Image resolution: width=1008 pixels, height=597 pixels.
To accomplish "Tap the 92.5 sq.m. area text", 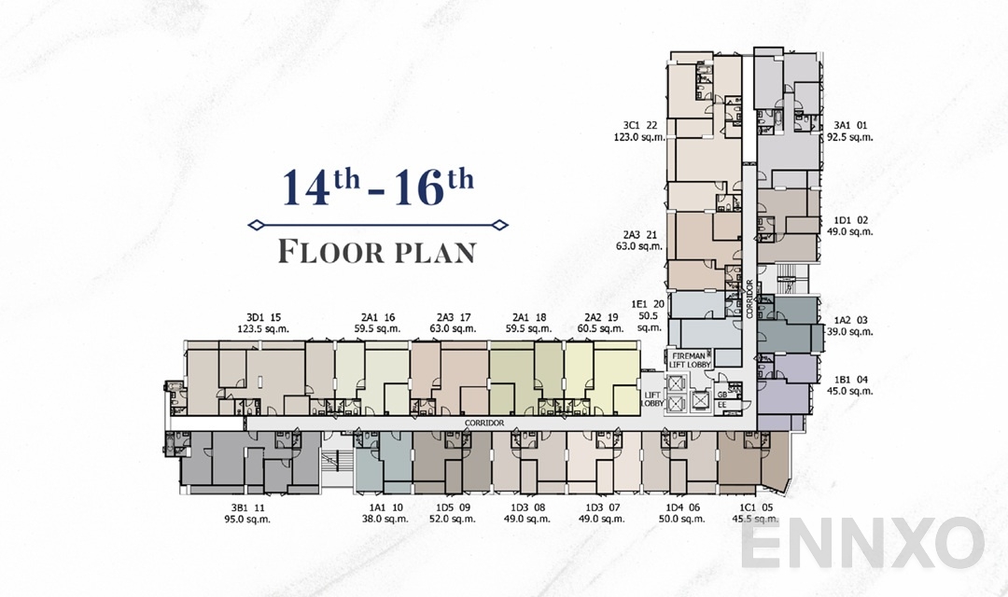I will click(x=849, y=137).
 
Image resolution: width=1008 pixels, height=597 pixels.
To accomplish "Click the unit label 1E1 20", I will click(x=648, y=304).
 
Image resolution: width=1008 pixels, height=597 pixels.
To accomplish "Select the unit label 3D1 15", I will click(x=263, y=317).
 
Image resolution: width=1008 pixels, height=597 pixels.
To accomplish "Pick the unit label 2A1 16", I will click(x=376, y=317).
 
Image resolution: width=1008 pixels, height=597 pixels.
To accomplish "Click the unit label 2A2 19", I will click(x=602, y=317).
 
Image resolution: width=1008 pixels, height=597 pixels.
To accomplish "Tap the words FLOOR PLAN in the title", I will click(x=378, y=252).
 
